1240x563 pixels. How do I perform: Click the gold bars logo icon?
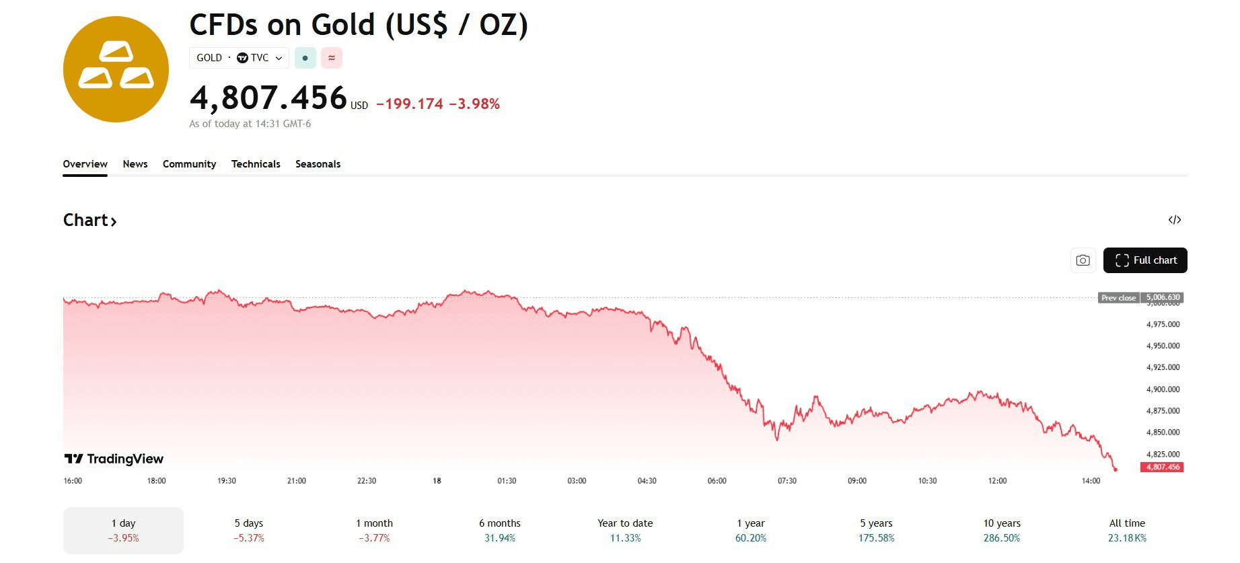coord(116,69)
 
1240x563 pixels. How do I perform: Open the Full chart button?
coord(1144,260)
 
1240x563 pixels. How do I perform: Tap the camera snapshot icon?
coord(1083,260)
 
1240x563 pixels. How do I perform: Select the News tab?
coord(135,164)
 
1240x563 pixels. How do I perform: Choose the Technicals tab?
coord(256,164)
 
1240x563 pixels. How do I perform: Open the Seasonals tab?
coord(318,164)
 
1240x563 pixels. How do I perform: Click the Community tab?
coord(189,164)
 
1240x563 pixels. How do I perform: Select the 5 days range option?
coord(249,530)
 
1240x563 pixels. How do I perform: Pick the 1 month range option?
coord(374,530)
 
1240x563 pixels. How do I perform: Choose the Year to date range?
coord(625,530)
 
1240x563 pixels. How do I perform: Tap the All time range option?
coord(1127,530)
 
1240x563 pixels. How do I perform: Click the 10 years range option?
coord(1002,530)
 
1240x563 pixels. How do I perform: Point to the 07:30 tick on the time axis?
coord(787,481)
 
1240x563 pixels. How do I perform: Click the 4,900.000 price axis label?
coord(1163,389)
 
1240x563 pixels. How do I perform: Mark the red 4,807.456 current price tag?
coord(1162,467)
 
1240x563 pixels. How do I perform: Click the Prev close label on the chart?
coord(1118,297)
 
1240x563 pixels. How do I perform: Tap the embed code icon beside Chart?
coord(1174,220)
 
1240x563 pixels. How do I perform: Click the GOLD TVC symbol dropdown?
coord(239,58)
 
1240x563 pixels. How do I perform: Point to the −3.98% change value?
coord(474,104)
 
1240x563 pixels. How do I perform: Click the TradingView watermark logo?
coord(114,459)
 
